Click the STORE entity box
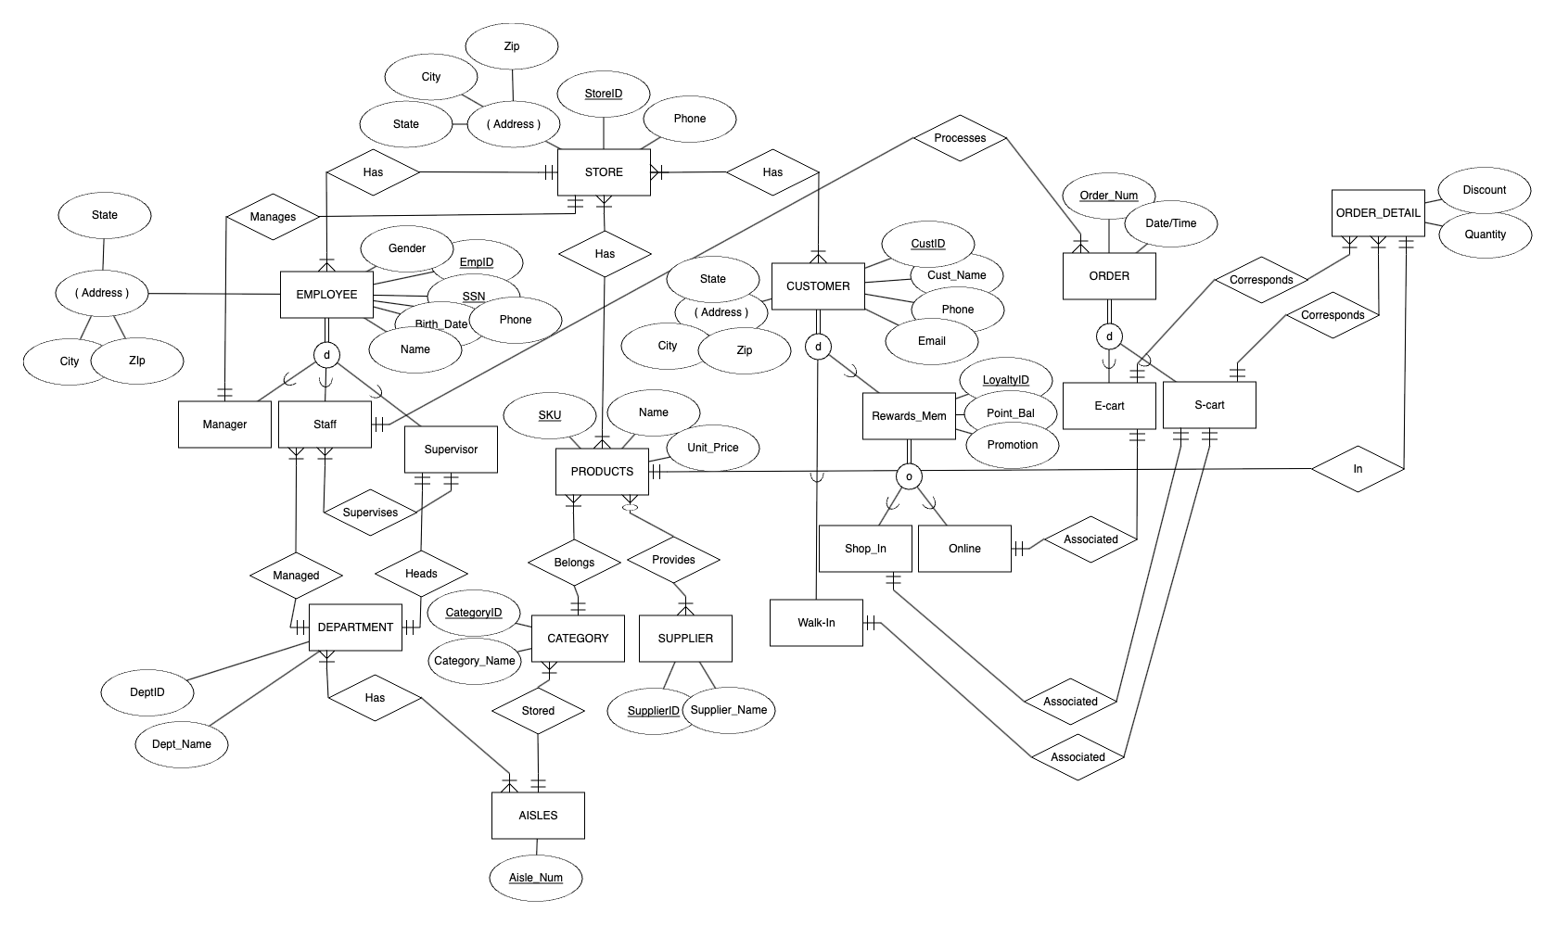604,172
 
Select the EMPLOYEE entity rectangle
326,295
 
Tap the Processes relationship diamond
960,138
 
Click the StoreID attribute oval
604,95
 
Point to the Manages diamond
273,217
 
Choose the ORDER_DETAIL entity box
1377,213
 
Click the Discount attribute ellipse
1484,190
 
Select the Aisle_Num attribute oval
535,878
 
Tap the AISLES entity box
538,816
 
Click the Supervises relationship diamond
370,513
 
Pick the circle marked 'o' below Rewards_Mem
909,477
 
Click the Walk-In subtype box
816,623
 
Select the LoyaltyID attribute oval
1005,380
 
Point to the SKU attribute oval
549,415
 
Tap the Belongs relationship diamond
574,563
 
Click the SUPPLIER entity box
685,639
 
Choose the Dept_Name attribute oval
182,744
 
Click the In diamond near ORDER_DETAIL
1358,469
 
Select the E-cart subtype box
1109,406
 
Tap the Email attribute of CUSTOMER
931,341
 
